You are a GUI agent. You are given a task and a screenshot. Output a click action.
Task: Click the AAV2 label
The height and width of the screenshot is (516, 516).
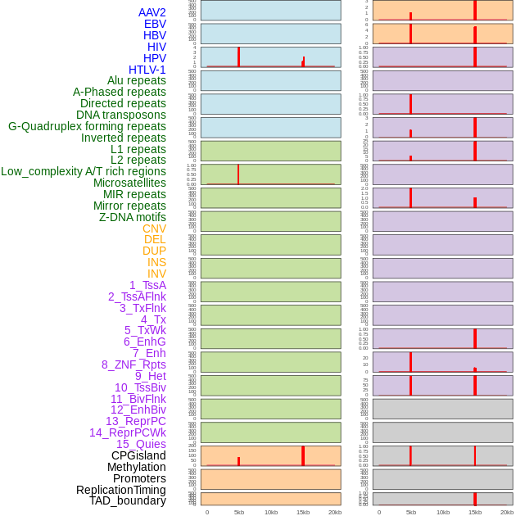tap(152, 12)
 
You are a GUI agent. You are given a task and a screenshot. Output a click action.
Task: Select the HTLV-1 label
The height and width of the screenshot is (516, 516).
tap(147, 70)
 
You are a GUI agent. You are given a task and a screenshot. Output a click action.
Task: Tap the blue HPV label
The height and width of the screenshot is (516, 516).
tap(154, 58)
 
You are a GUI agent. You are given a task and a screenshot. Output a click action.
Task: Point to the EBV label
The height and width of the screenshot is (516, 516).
tap(155, 24)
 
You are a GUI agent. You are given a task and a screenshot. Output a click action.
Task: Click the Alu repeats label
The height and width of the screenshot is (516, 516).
tap(136, 80)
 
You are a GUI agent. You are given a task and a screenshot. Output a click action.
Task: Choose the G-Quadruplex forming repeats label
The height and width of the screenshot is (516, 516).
tap(87, 126)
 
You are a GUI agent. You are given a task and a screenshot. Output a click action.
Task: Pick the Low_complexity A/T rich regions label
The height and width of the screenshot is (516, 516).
tap(83, 171)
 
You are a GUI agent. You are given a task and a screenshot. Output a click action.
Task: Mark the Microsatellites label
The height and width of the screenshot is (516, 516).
tap(129, 183)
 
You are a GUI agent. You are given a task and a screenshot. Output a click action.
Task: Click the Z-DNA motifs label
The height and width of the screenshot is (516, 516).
tap(132, 217)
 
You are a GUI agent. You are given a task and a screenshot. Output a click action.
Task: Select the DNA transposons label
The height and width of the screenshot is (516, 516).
tap(120, 115)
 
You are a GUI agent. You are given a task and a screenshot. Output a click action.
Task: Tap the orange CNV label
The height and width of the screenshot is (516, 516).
tap(154, 229)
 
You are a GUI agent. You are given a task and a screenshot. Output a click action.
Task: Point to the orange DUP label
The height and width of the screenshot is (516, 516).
tap(154, 251)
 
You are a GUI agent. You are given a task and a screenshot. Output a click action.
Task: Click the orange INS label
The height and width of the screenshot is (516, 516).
tap(156, 262)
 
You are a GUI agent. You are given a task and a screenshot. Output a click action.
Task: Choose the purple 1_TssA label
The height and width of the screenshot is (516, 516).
tap(147, 285)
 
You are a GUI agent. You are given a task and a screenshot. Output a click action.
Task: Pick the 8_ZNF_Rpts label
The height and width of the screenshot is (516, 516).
tap(134, 364)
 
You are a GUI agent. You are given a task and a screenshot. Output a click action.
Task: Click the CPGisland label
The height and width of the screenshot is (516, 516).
tap(138, 455)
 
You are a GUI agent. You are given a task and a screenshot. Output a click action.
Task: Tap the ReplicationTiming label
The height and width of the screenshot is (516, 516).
tap(120, 490)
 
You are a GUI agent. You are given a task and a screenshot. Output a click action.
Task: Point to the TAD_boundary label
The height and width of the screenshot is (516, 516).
tap(127, 500)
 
